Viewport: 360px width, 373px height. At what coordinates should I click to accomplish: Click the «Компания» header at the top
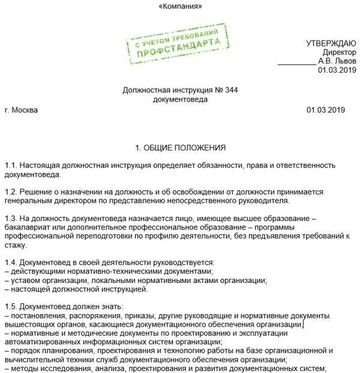(x=180, y=7)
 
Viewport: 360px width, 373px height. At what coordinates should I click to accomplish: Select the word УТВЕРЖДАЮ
(x=331, y=43)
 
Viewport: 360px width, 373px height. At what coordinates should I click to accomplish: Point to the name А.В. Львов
(x=337, y=61)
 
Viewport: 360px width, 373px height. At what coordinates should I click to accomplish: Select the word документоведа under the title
(x=180, y=99)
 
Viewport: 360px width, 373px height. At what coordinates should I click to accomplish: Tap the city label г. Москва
(x=20, y=111)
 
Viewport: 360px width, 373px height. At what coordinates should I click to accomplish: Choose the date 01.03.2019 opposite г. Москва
(x=326, y=111)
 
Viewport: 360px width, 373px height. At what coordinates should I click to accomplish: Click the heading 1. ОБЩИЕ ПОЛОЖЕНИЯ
(x=180, y=148)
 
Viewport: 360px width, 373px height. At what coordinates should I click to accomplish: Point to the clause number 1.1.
(x=10, y=165)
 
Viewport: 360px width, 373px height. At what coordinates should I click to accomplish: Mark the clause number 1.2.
(x=10, y=192)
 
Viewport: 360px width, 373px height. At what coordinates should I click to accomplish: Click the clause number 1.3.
(x=10, y=219)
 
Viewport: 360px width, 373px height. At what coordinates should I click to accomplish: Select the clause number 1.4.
(x=10, y=263)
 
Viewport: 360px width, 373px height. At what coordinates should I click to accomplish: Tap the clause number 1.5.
(x=10, y=307)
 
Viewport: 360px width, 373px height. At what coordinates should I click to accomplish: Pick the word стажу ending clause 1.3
(x=14, y=246)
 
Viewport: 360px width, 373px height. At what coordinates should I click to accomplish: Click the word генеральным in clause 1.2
(x=27, y=201)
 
